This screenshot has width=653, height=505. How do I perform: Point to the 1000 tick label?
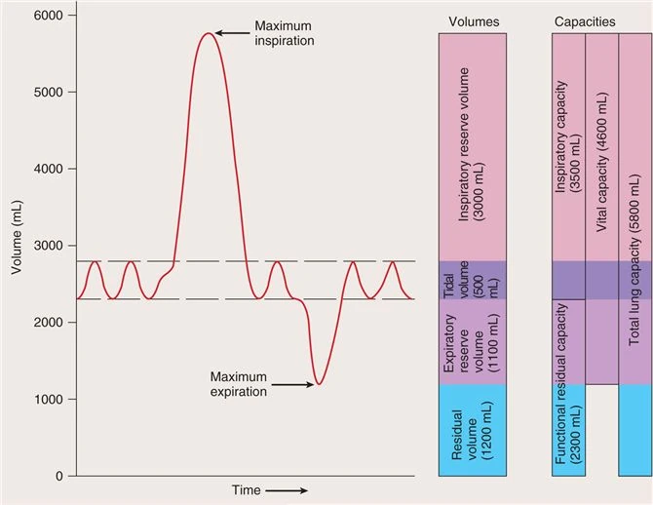point(50,399)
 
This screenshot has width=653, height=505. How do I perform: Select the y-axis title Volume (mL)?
point(18,247)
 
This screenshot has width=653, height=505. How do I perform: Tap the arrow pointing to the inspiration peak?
point(232,33)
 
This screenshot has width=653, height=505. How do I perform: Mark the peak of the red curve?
point(207,34)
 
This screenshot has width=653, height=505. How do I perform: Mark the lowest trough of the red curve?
point(319,383)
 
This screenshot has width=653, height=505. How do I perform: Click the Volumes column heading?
point(473,19)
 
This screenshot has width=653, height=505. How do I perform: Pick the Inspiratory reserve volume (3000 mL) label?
point(472,146)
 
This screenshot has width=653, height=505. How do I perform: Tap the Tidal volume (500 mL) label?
point(472,280)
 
